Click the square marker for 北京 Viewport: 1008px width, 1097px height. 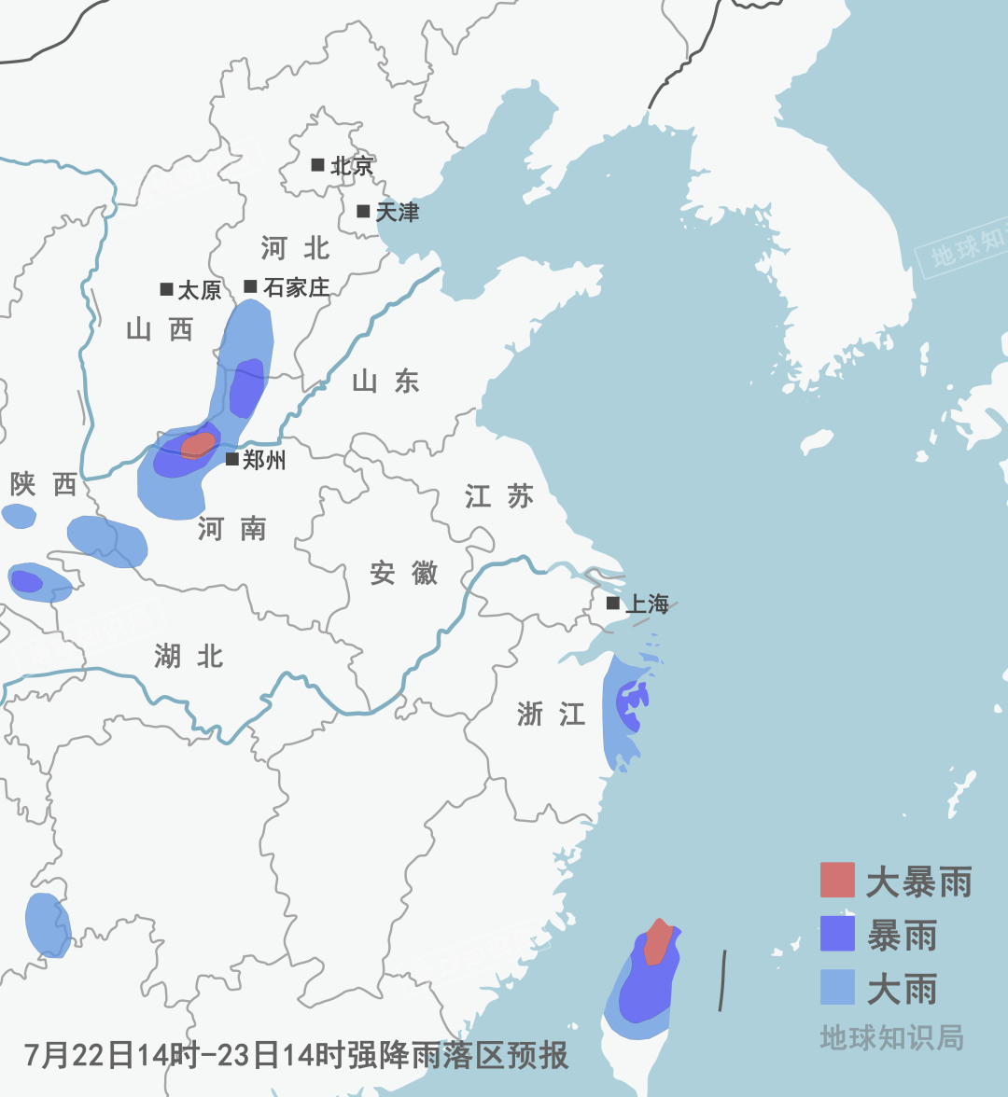tap(317, 165)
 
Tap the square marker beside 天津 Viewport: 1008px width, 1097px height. tap(363, 211)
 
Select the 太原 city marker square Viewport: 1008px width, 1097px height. tap(166, 289)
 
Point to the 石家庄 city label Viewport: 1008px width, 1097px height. tap(296, 287)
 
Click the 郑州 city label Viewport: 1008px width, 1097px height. tap(264, 460)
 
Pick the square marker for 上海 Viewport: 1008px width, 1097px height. tap(612, 604)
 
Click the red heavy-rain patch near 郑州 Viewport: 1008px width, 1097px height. tap(197, 445)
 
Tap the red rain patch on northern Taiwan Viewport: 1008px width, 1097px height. tap(658, 942)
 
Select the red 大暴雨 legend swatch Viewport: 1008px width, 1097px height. tap(837, 880)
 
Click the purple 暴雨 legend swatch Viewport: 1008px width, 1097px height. tap(837, 934)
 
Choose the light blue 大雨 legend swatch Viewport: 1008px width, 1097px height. tap(837, 988)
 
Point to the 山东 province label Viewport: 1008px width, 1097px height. tap(385, 381)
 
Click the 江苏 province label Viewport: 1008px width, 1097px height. tap(499, 496)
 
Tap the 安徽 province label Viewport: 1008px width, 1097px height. tap(403, 573)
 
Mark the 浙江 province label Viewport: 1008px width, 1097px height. tap(551, 715)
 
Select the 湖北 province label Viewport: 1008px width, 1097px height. tap(189, 657)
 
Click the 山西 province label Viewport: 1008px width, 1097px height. tap(159, 329)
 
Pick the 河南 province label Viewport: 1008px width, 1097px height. tap(231, 529)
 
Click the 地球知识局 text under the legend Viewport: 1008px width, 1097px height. tap(891, 1037)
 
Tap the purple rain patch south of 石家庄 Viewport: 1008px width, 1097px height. tap(246, 387)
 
